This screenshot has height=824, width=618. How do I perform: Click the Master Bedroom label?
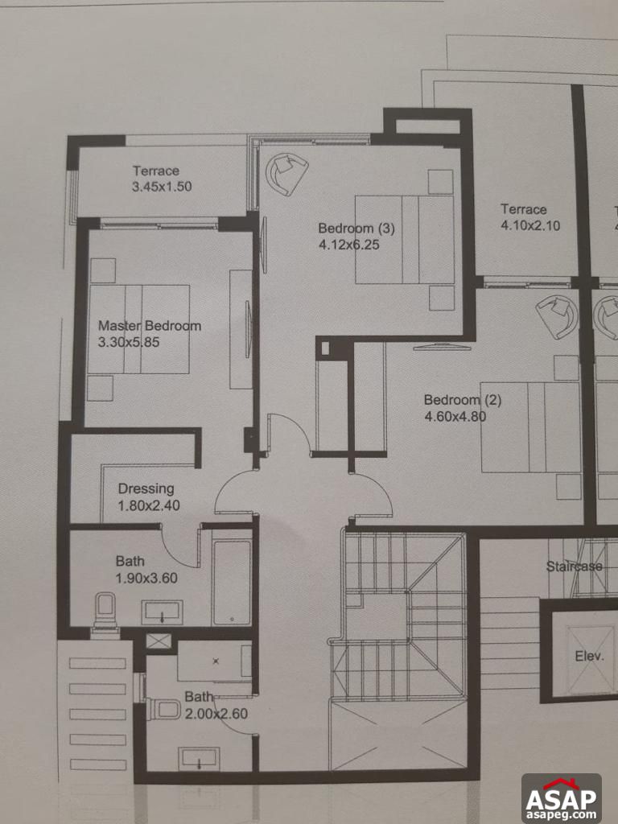pyautogui.click(x=150, y=326)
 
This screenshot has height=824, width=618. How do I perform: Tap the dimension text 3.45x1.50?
pyautogui.click(x=162, y=187)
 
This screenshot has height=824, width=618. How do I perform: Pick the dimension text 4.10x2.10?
pyautogui.click(x=530, y=225)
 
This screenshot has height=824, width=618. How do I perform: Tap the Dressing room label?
pyautogui.click(x=146, y=488)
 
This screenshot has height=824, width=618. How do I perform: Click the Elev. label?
pyautogui.click(x=589, y=656)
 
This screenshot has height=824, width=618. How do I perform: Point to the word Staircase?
pyautogui.click(x=574, y=566)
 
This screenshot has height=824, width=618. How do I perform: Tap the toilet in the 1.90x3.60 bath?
pyautogui.click(x=105, y=610)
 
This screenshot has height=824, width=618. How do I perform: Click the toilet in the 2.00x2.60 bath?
pyautogui.click(x=165, y=709)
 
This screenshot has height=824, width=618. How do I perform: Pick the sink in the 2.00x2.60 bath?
pyautogui.click(x=199, y=758)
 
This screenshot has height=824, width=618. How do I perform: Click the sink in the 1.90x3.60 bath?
pyautogui.click(x=163, y=612)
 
